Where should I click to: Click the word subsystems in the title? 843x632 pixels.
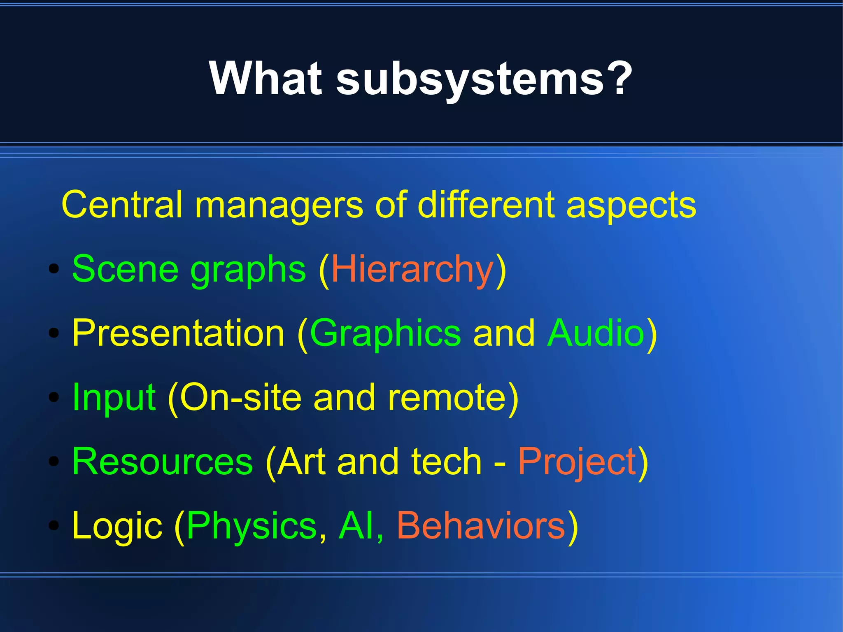click(x=469, y=78)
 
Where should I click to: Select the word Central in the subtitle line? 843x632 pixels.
click(x=122, y=205)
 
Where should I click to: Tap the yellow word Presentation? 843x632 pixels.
click(x=178, y=333)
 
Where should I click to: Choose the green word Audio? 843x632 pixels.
click(x=596, y=333)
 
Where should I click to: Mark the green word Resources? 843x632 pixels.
click(x=163, y=462)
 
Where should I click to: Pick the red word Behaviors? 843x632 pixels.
click(x=481, y=526)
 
